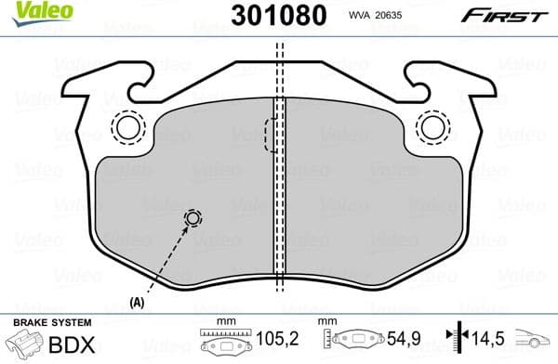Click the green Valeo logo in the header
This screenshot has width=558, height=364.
pyautogui.click(x=36, y=11)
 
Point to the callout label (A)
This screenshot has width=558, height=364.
pyautogui.click(x=139, y=302)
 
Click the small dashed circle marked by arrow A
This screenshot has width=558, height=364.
pyautogui.click(x=193, y=218)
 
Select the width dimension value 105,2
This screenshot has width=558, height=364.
pyautogui.click(x=270, y=342)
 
